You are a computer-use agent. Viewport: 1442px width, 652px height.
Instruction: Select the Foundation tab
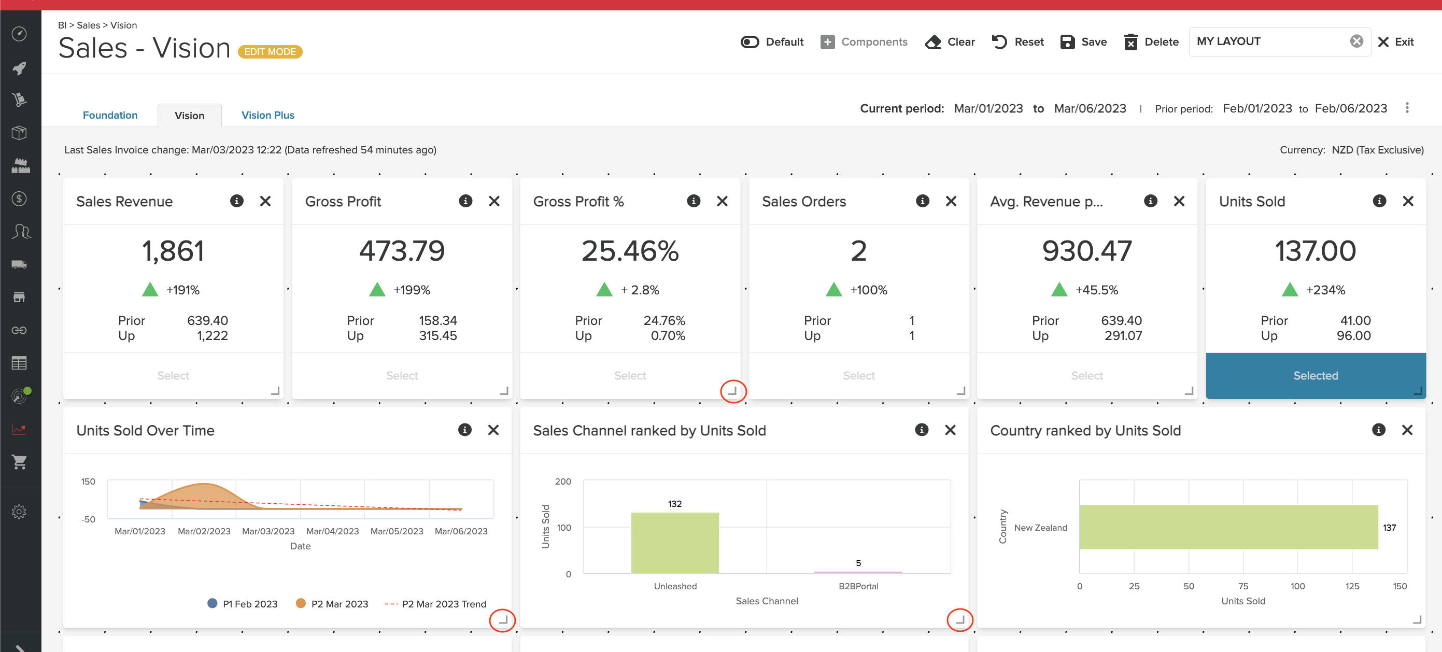(110, 115)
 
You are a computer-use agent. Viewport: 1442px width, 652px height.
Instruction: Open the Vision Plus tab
(267, 115)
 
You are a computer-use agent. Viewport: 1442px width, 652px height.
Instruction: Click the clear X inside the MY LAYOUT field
(1356, 41)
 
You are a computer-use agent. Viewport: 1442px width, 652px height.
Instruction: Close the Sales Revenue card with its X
(265, 202)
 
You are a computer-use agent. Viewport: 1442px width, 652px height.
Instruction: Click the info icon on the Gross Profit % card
(693, 202)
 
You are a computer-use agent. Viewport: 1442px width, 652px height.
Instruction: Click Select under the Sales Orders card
(858, 376)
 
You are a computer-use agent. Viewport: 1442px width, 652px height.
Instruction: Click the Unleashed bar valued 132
(674, 543)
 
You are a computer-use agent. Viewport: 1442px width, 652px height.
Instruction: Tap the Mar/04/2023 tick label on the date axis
(333, 531)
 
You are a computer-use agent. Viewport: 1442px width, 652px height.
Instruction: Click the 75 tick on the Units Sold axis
(1243, 586)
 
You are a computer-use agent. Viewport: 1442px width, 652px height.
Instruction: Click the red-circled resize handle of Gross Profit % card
(732, 391)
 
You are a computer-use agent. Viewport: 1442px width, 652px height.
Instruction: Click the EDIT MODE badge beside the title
(270, 51)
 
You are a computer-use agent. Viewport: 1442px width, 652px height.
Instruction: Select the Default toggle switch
(750, 42)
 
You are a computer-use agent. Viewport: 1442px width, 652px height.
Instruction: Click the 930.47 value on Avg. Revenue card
(1086, 251)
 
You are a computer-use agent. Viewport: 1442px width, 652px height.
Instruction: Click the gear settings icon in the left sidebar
(19, 512)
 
